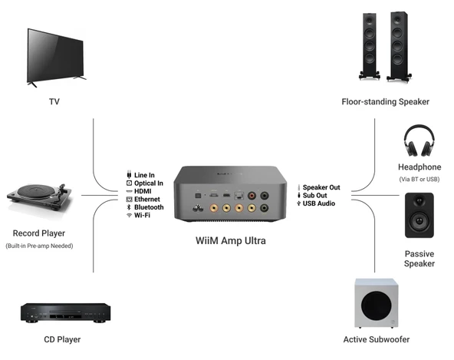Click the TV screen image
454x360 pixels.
click(x=57, y=54)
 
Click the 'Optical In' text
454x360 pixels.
click(x=149, y=183)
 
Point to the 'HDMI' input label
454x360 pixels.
click(x=144, y=191)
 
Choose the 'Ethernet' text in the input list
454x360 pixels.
click(x=148, y=200)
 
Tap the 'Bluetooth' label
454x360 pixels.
click(x=149, y=207)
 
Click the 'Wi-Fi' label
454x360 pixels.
click(x=143, y=216)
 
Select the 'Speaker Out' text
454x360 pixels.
click(x=321, y=187)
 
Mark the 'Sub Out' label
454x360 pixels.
click(x=315, y=196)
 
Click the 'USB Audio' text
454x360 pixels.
click(x=319, y=203)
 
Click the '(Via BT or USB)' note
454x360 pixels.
click(x=419, y=179)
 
